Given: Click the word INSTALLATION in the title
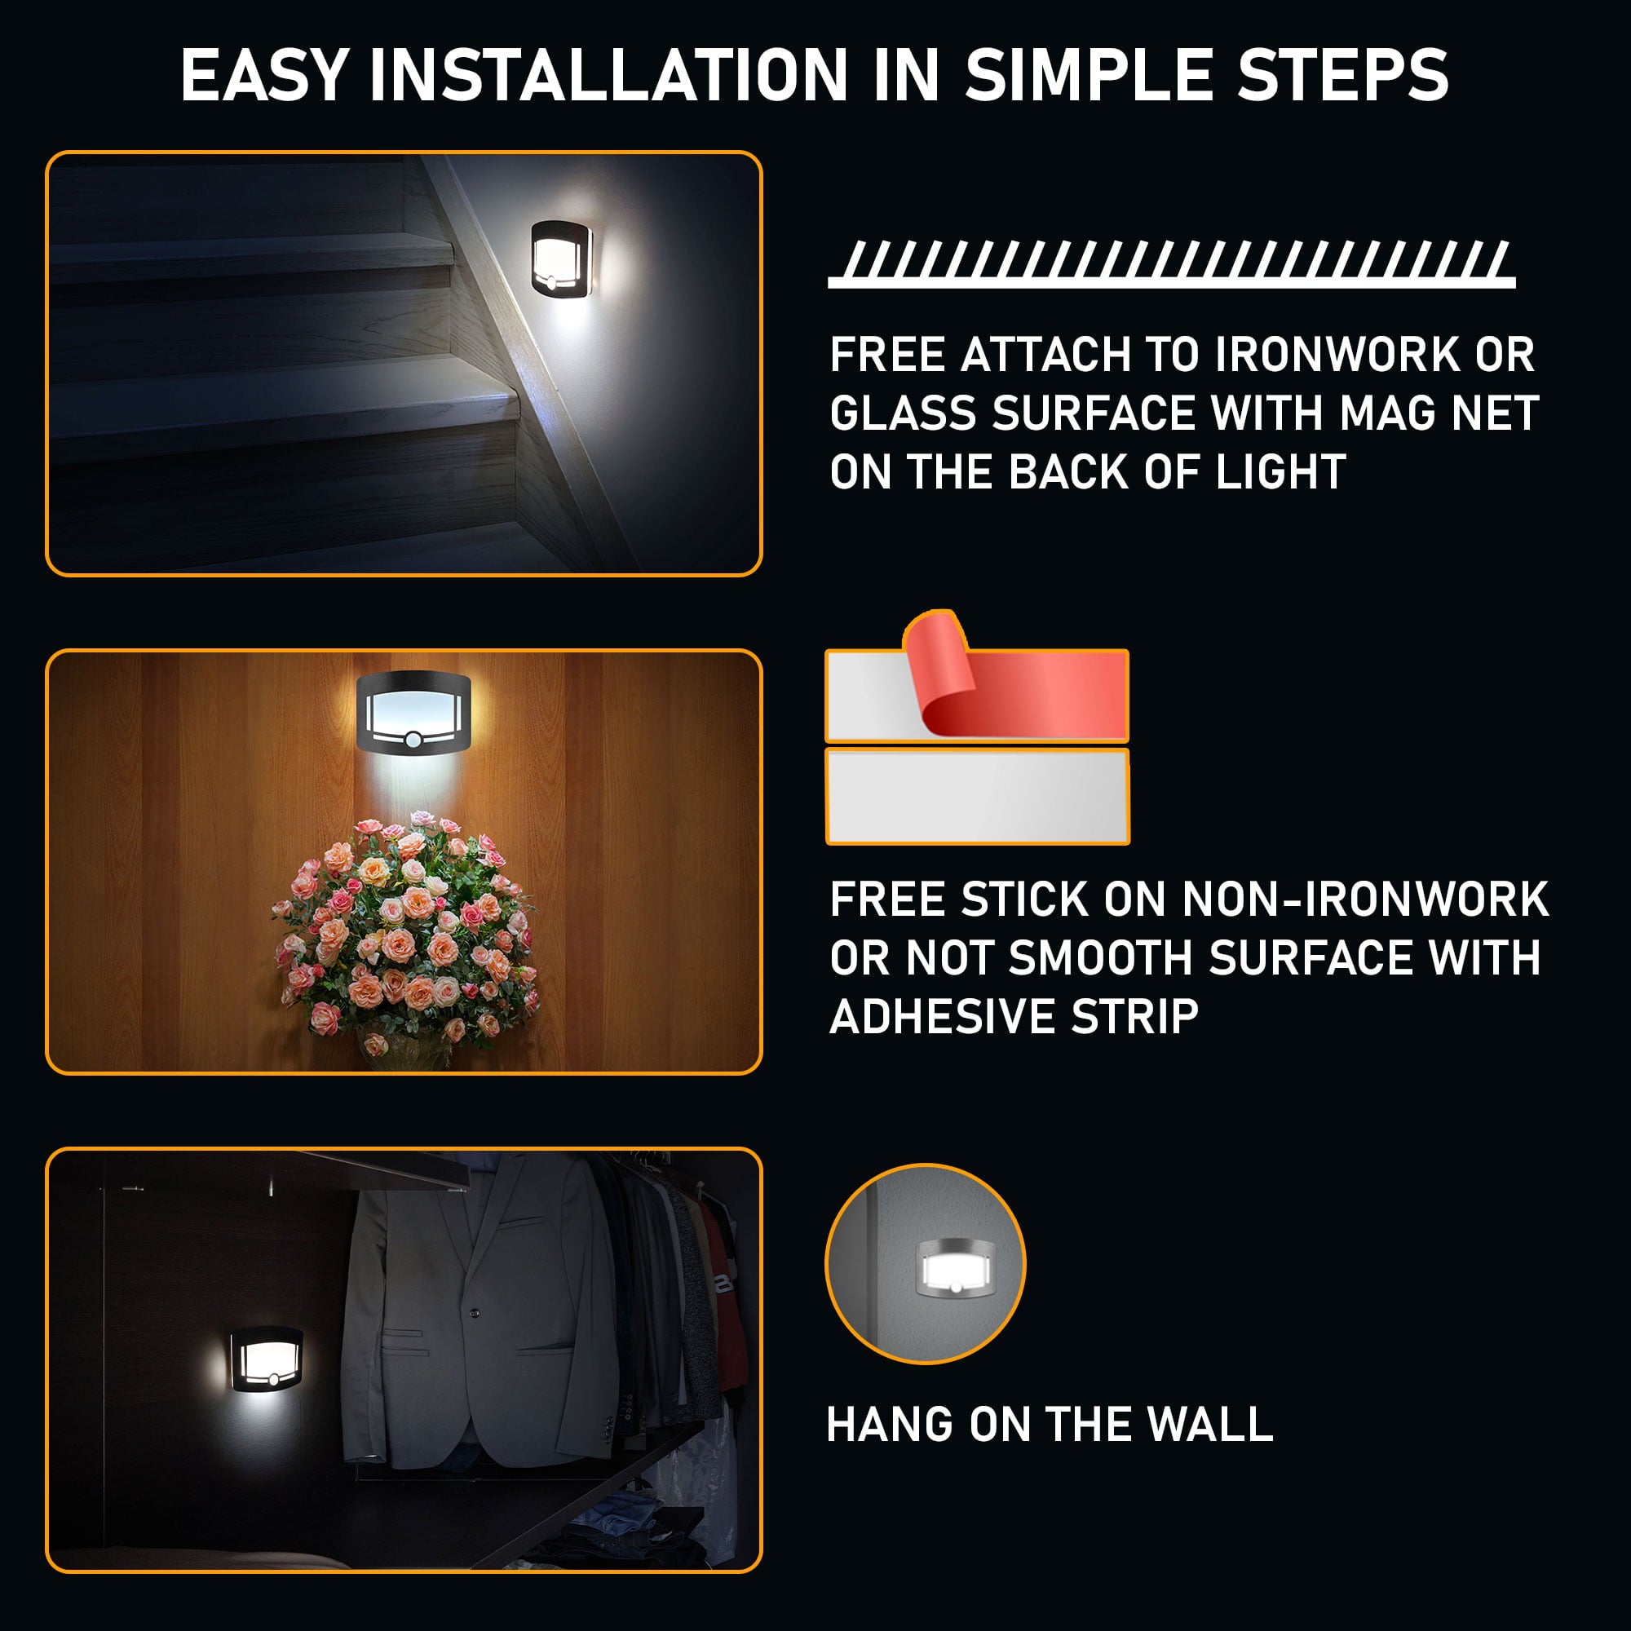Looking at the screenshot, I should tap(608, 76).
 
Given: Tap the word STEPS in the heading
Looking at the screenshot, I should tap(1343, 76).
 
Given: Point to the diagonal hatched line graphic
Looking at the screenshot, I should tap(1171, 263).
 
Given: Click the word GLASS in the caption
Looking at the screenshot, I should tap(904, 413).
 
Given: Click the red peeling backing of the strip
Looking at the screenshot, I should tap(1022, 684).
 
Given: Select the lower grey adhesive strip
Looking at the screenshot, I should tap(977, 796).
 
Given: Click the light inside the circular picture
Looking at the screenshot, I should tap(956, 1269).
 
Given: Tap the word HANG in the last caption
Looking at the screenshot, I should tap(890, 1425).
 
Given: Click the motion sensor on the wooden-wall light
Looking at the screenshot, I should tap(413, 740).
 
